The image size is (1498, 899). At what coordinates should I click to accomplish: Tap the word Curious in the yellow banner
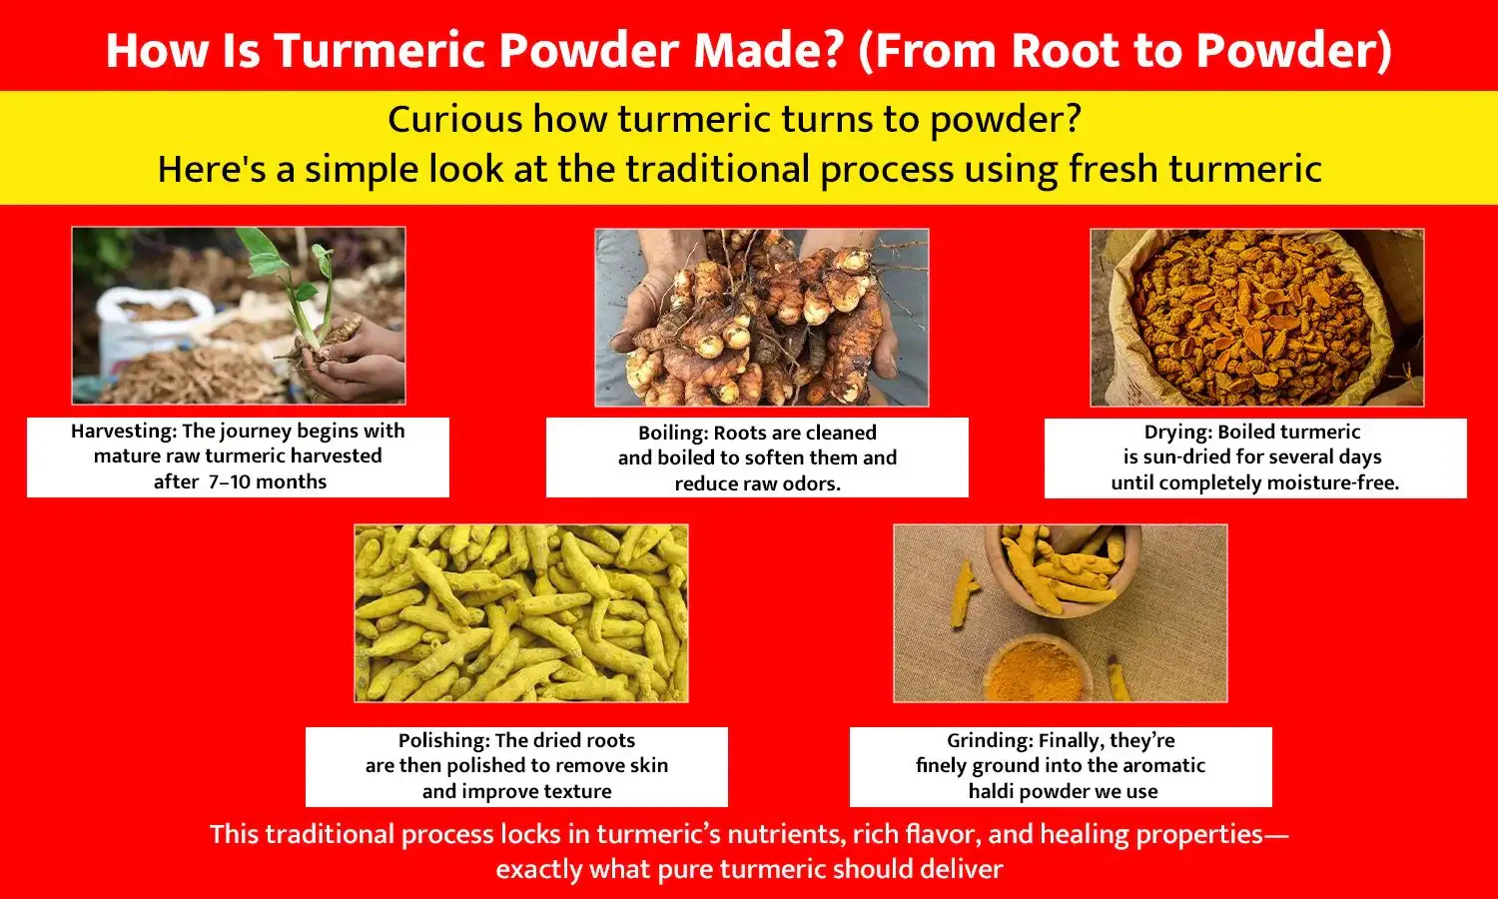pyautogui.click(x=454, y=120)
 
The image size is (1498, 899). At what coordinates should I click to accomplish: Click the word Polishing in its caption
pyautogui.click(x=443, y=741)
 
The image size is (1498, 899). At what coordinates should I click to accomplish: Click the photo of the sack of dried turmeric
pyautogui.click(x=1256, y=318)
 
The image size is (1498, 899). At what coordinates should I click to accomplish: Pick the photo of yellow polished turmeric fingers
pyautogui.click(x=520, y=613)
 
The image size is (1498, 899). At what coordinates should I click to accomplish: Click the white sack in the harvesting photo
pyautogui.click(x=150, y=320)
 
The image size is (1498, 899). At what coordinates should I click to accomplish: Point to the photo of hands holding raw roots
pyautogui.click(x=761, y=318)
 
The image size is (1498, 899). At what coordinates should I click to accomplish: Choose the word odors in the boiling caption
pyautogui.click(x=812, y=484)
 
